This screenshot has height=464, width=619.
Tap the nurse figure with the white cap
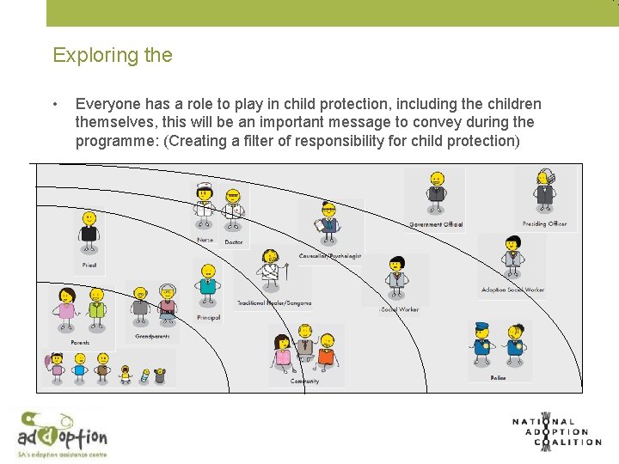[204, 204]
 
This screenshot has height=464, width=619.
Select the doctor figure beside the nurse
[233, 206]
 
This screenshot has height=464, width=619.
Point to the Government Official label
[436, 225]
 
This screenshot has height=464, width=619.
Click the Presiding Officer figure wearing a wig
[543, 191]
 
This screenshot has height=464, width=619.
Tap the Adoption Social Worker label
[512, 290]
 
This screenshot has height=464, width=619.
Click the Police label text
[498, 377]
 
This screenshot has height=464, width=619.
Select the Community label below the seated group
[304, 381]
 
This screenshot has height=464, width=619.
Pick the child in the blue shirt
[80, 369]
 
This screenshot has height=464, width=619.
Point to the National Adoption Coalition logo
[555, 430]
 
